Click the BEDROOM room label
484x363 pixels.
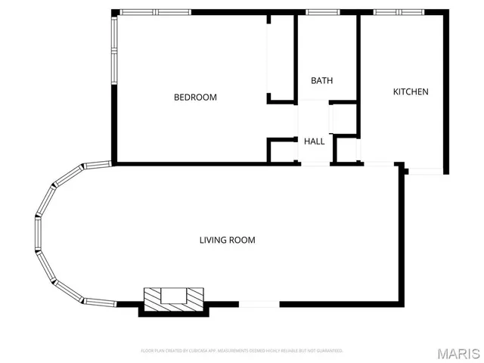(x=195, y=97)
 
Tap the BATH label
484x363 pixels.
(x=321, y=81)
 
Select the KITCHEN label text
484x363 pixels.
(x=410, y=92)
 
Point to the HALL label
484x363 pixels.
(x=315, y=141)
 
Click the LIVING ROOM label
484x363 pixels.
(x=227, y=240)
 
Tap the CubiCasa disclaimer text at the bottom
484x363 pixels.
(x=241, y=351)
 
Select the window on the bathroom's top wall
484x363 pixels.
(x=317, y=12)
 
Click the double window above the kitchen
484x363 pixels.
(x=397, y=12)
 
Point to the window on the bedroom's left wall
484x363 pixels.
(x=113, y=50)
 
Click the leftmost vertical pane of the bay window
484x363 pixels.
(x=37, y=234)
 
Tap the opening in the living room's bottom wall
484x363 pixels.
(x=259, y=304)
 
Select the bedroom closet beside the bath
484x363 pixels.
(x=280, y=57)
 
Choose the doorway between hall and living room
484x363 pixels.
(x=315, y=163)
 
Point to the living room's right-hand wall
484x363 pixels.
(x=402, y=234)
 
